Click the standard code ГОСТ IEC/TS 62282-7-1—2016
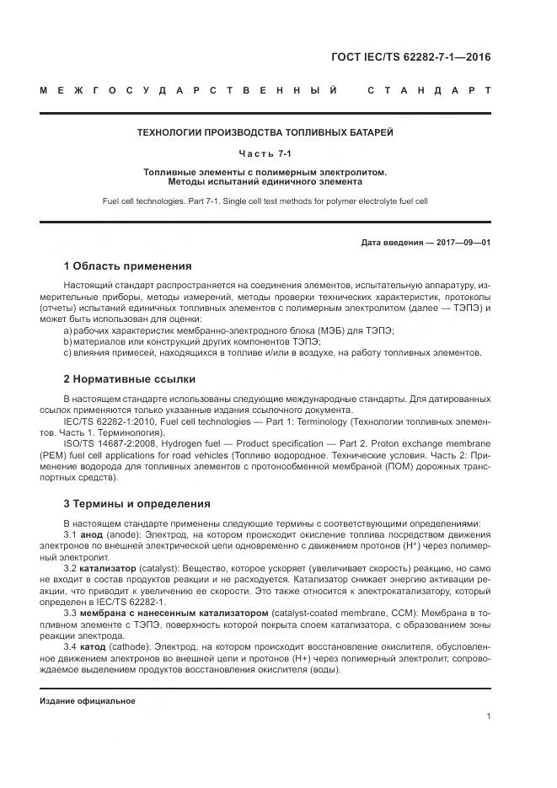(413, 57)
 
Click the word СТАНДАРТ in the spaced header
(430, 90)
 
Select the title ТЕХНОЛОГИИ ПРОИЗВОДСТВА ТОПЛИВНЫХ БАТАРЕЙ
(265, 132)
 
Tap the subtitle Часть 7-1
(265, 153)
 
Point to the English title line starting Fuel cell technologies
(265, 202)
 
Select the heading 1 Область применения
(128, 265)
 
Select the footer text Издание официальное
(88, 700)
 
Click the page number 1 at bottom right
(489, 716)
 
